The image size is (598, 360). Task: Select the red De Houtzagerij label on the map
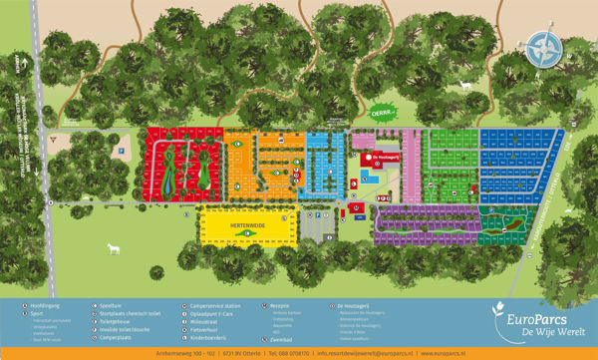pyautogui.click(x=384, y=157)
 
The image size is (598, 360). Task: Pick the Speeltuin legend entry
pyautogui.click(x=113, y=305)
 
